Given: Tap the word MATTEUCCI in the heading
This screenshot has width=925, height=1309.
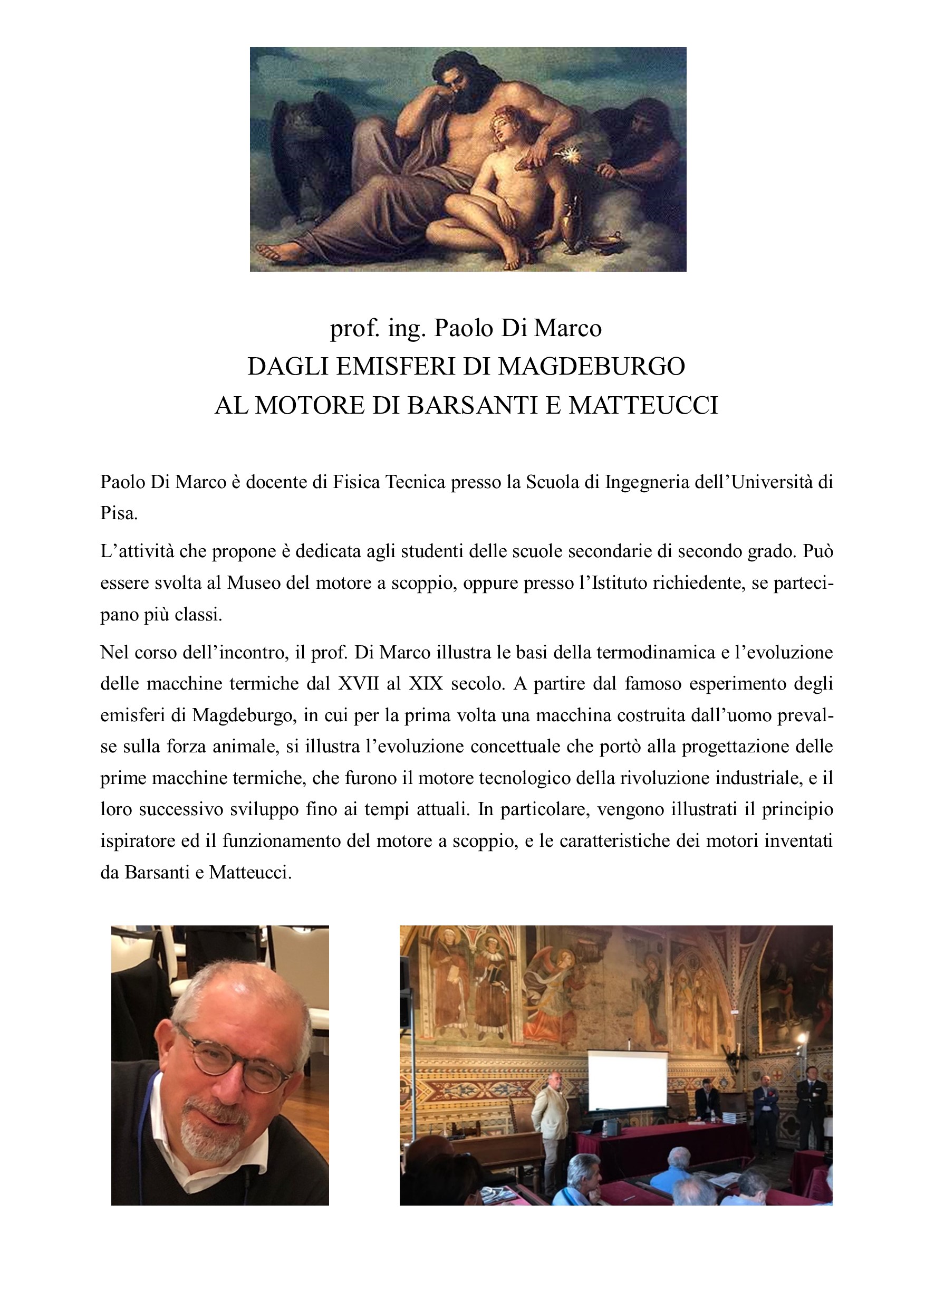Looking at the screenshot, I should [x=643, y=405].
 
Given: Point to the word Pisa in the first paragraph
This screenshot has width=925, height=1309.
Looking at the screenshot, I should [x=118, y=513].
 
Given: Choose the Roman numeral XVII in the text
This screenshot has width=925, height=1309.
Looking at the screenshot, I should [x=358, y=684].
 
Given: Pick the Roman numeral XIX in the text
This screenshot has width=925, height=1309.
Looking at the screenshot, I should [x=425, y=684].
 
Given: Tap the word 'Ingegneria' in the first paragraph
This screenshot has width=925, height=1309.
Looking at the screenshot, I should [x=648, y=482].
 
